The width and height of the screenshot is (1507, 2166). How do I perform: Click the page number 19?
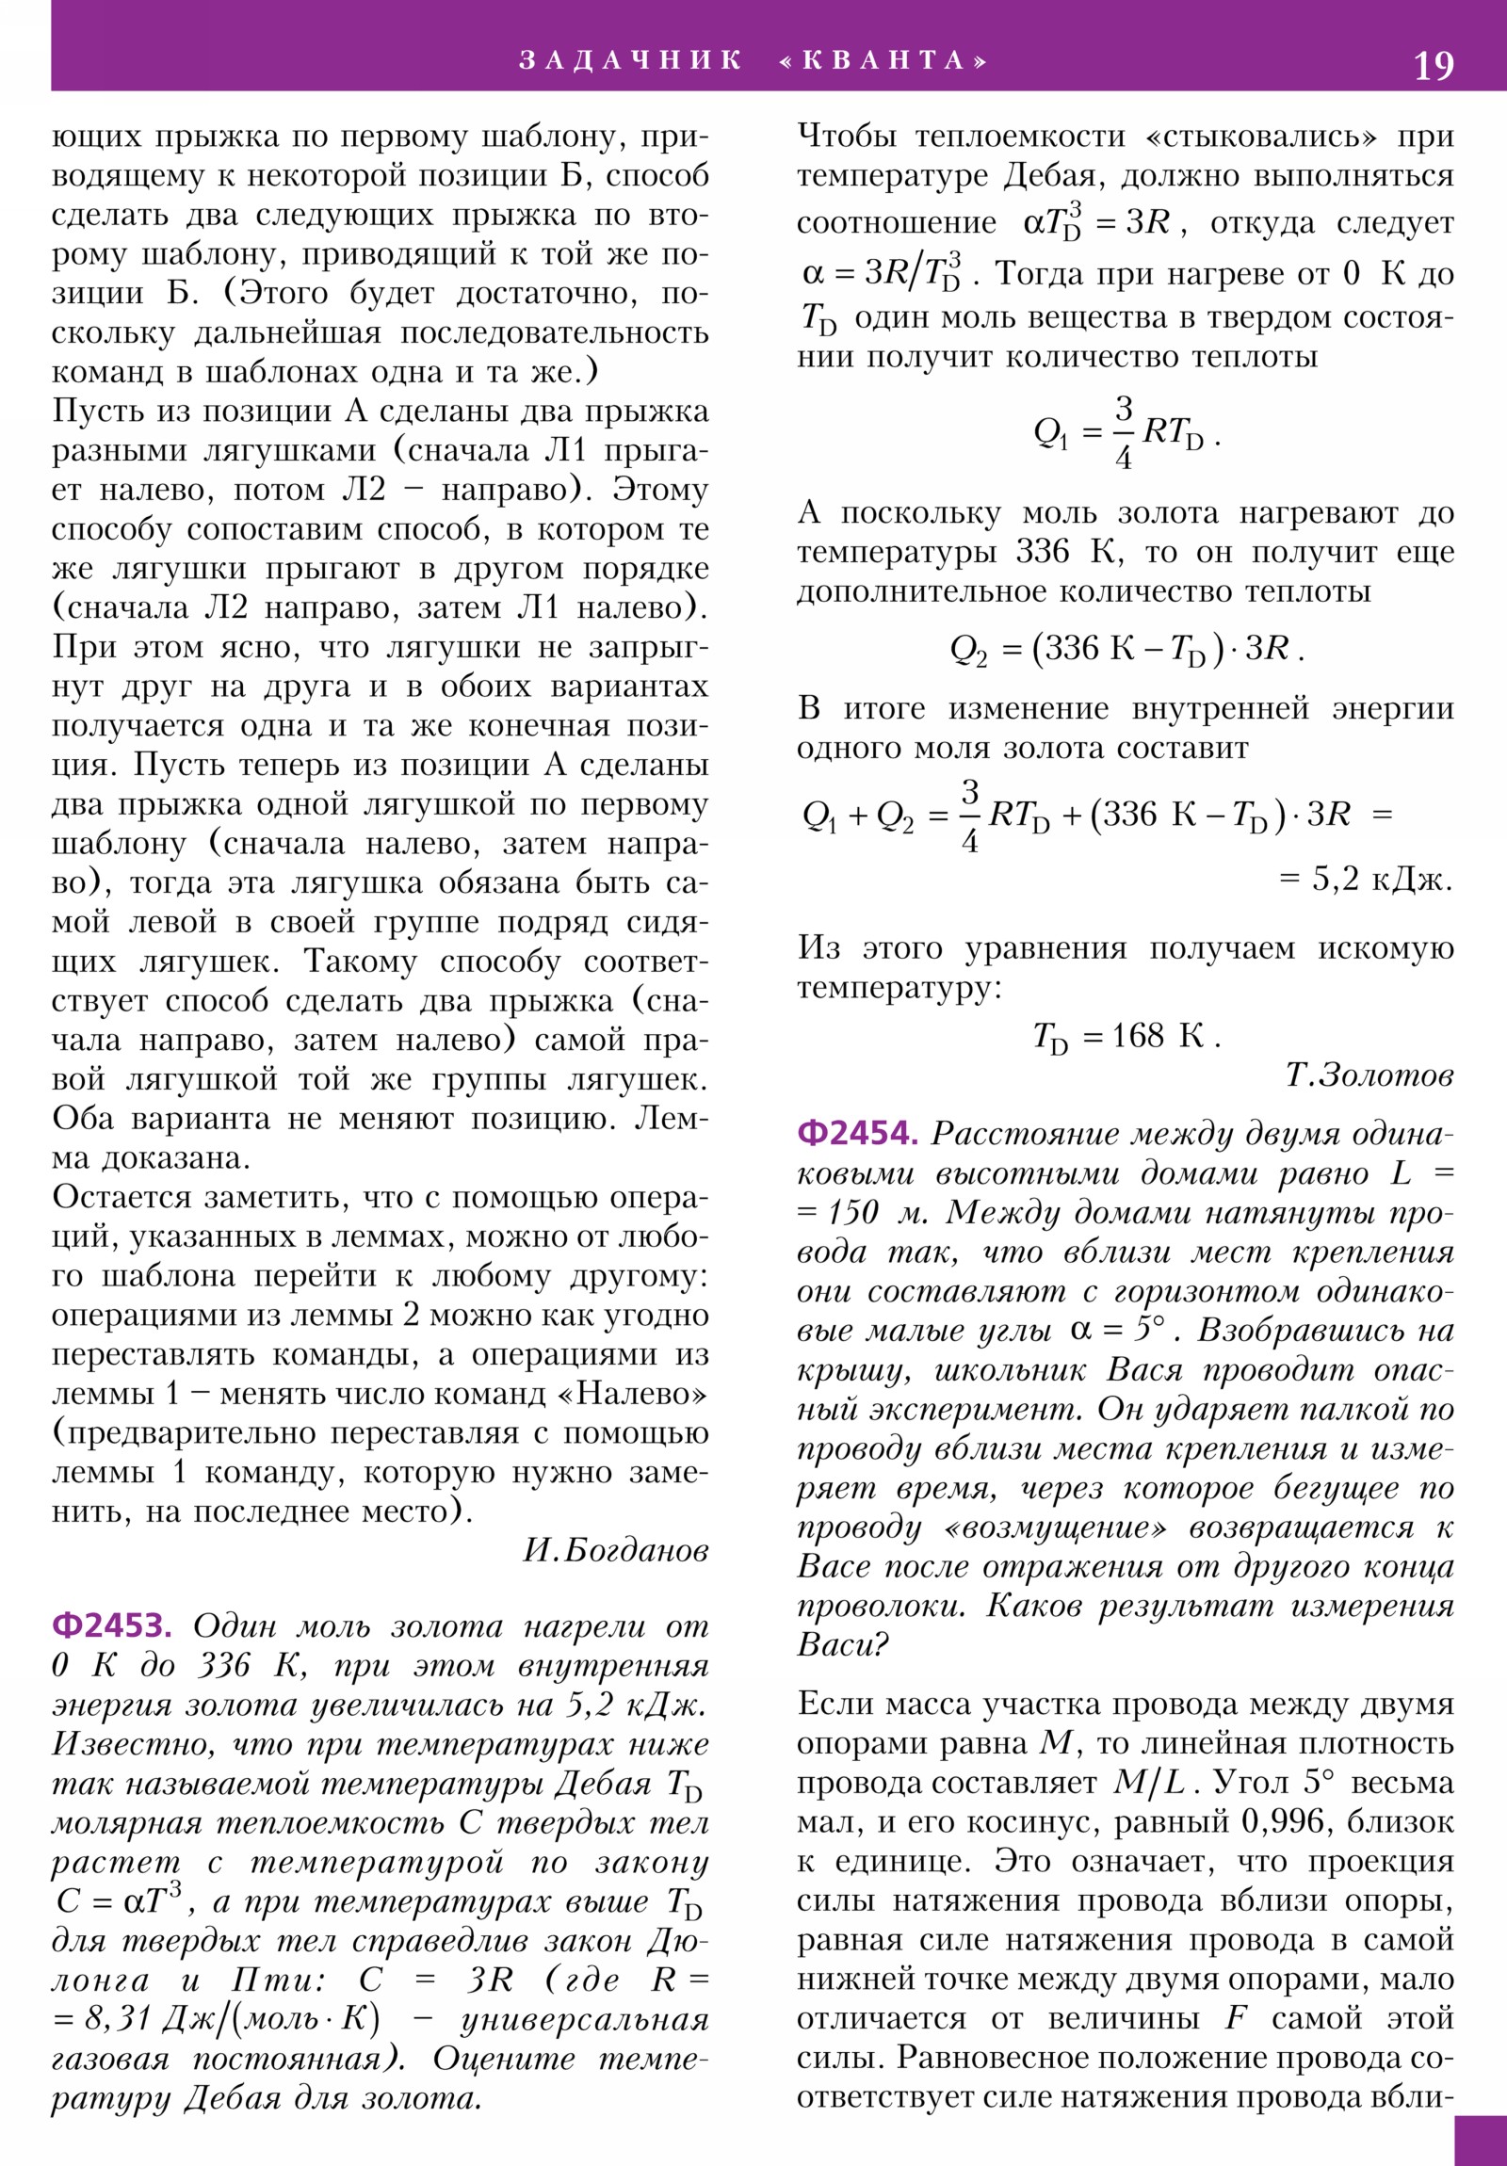[x=1433, y=65]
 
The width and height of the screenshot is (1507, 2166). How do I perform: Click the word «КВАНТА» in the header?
[x=884, y=60]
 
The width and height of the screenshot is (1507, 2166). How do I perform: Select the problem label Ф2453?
[x=111, y=1624]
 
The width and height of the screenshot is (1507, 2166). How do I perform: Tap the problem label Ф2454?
[x=857, y=1132]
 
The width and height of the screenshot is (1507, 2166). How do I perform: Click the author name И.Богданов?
[x=615, y=1550]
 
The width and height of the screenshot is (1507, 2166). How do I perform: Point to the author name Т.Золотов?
[x=1369, y=1075]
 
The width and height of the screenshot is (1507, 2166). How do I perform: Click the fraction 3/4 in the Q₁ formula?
[x=1123, y=433]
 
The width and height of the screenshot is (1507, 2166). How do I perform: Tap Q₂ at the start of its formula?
[x=968, y=649]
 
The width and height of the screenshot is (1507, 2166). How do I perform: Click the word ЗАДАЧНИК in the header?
[x=630, y=60]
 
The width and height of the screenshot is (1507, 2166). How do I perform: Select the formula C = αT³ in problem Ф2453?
[x=117, y=1902]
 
